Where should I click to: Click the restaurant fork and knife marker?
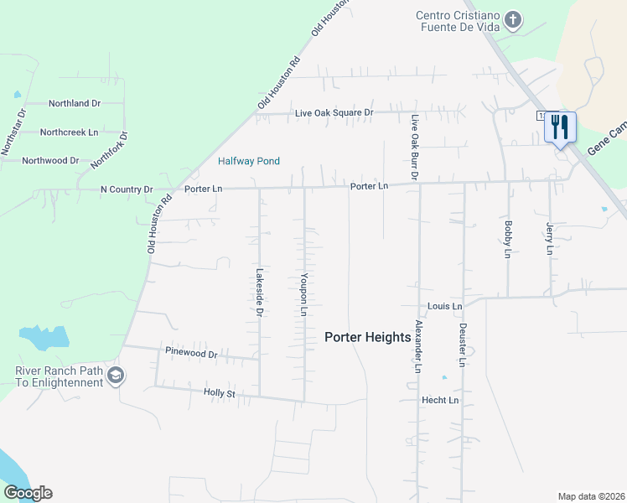click(560, 127)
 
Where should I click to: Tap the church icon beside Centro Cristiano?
click(513, 18)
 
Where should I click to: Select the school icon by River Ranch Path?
click(117, 376)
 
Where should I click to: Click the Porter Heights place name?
click(368, 337)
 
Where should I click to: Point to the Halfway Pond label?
click(249, 161)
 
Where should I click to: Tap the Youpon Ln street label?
click(305, 294)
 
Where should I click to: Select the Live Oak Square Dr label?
click(334, 113)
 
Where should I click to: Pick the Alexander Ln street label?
click(417, 345)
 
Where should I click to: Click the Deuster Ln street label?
click(462, 345)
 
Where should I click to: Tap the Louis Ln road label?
click(444, 307)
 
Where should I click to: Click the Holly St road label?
click(220, 392)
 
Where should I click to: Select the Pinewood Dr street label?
click(191, 354)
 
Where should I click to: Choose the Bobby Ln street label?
click(508, 239)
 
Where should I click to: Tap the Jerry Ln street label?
click(550, 238)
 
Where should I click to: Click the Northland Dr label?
click(75, 104)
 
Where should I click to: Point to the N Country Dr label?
click(127, 190)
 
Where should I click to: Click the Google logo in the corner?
click(28, 493)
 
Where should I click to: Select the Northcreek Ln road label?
click(69, 132)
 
